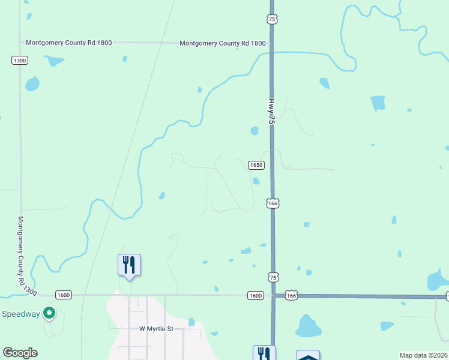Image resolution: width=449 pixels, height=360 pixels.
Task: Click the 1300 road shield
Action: (20, 61)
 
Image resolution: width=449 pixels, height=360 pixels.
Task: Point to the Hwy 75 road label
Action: (271, 112)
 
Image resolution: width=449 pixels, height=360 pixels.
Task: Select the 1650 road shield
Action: (256, 165)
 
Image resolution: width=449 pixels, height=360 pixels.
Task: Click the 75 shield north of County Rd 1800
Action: (273, 20)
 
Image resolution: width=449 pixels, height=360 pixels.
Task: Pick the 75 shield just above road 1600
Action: (273, 277)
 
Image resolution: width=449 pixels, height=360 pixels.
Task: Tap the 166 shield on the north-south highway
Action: (273, 203)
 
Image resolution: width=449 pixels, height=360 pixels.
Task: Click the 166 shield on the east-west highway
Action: (291, 296)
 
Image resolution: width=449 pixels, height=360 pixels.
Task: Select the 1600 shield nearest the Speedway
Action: (64, 295)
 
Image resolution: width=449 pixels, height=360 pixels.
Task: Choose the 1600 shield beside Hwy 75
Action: (255, 295)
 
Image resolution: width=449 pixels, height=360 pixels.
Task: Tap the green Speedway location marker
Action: (50, 313)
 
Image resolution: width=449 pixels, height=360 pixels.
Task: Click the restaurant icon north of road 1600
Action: (129, 265)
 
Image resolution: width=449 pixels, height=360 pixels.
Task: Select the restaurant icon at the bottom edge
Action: (264, 353)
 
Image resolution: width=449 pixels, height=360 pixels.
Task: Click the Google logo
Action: (20, 353)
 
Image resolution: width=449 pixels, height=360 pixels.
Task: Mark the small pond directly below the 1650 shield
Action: (256, 181)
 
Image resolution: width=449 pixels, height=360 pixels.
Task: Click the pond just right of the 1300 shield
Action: (55, 61)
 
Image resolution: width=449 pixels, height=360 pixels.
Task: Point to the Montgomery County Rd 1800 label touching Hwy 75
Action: (222, 43)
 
